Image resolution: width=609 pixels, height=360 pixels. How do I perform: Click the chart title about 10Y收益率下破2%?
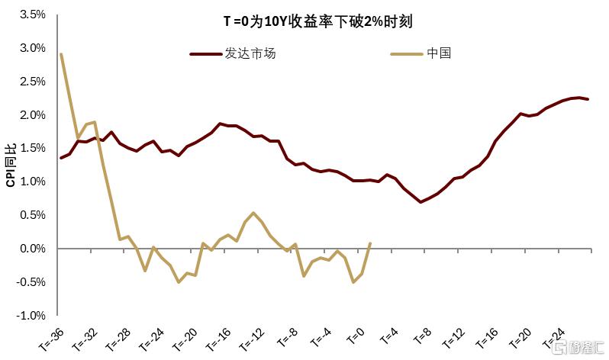317,21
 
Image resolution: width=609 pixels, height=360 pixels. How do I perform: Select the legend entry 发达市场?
233,53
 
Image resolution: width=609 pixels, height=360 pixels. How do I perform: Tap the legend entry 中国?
421,53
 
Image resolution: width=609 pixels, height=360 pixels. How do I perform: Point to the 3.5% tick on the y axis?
33,14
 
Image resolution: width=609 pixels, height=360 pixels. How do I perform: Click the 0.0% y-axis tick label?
33,249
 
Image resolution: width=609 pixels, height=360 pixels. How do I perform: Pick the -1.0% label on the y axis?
31,315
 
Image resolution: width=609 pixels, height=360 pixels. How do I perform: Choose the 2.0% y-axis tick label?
33,115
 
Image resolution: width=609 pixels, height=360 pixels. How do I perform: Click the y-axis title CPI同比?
11,165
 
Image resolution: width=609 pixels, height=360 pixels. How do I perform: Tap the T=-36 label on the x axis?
51,339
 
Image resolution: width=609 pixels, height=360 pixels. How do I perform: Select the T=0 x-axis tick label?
356,336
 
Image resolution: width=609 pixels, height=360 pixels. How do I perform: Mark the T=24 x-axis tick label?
553,338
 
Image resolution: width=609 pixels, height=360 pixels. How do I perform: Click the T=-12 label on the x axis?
252,339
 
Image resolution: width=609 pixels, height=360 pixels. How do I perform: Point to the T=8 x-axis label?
422,336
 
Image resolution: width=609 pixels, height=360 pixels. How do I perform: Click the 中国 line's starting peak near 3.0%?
61,54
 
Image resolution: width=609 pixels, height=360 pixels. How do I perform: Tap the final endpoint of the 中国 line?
369,243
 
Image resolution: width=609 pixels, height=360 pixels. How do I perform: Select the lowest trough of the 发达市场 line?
420,202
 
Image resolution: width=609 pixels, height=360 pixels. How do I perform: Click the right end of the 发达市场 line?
588,99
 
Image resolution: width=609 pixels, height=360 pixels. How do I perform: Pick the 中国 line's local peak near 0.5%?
253,213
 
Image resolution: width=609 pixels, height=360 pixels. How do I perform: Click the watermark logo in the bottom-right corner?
578,347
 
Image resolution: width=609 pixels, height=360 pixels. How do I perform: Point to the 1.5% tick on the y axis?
33,149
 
